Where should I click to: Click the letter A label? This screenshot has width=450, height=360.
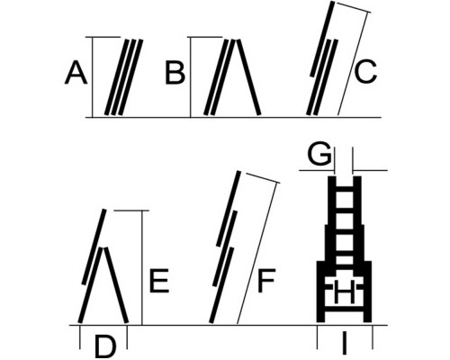(76, 73)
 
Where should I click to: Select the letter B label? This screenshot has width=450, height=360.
(175, 73)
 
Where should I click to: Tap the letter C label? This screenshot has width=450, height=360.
(365, 72)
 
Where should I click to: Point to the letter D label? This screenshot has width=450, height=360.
(105, 346)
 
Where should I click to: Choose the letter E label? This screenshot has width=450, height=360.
(159, 281)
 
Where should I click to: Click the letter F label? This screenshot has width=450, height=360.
(266, 281)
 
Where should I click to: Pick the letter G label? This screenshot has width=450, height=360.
(319, 154)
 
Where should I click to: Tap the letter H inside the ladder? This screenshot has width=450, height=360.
(345, 291)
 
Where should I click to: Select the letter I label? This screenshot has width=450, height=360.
(344, 343)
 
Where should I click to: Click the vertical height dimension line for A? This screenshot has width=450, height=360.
(93, 77)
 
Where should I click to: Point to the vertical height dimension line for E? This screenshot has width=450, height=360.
(142, 267)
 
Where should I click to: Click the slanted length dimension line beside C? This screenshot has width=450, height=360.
(353, 64)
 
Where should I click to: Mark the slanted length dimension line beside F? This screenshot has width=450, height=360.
(256, 253)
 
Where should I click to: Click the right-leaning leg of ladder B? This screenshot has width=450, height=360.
(248, 77)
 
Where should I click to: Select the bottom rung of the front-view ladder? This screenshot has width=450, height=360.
(345, 309)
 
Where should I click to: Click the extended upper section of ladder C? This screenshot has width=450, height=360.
(322, 39)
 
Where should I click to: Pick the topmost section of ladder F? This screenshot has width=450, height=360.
(229, 209)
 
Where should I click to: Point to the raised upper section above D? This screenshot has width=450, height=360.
(94, 247)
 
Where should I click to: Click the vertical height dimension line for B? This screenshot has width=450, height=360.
(191, 77)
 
